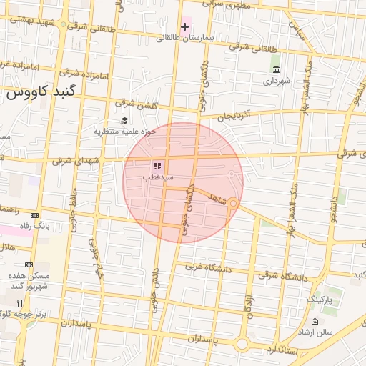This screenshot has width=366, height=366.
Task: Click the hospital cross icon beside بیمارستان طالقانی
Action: click(185, 28)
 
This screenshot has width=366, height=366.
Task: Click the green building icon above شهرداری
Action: click(276, 69)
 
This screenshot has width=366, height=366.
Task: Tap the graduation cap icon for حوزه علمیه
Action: click(124, 120)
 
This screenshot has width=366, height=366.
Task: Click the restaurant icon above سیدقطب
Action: click(156, 166)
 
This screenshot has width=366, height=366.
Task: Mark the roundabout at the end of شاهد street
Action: click(233, 204)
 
